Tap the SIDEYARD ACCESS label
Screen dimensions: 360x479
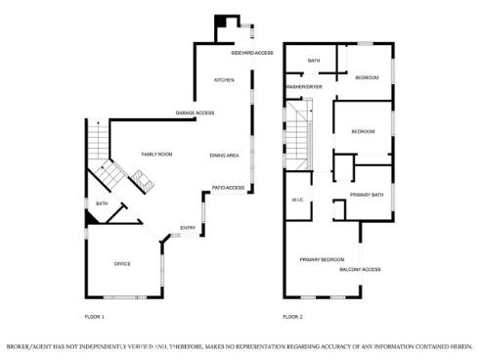tap(251, 53)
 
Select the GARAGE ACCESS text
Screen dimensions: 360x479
tap(195, 112)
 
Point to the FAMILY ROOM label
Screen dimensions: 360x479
tap(156, 155)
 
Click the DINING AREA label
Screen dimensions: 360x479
tap(225, 156)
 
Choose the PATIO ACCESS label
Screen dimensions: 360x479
tap(229, 186)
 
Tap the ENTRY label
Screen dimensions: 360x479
tap(188, 229)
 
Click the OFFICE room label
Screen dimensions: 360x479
tap(122, 263)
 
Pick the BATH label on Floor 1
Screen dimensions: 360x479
tap(101, 203)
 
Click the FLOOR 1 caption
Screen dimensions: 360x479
tap(95, 317)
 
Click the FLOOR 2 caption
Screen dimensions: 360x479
tap(292, 317)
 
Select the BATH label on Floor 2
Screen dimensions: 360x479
tap(314, 61)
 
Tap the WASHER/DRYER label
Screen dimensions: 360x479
tap(304, 87)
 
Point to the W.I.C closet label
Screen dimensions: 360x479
tap(298, 201)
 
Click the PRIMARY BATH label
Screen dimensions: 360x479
tap(367, 195)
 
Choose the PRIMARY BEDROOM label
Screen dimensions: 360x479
tap(322, 258)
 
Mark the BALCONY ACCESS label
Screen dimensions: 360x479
tap(360, 269)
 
